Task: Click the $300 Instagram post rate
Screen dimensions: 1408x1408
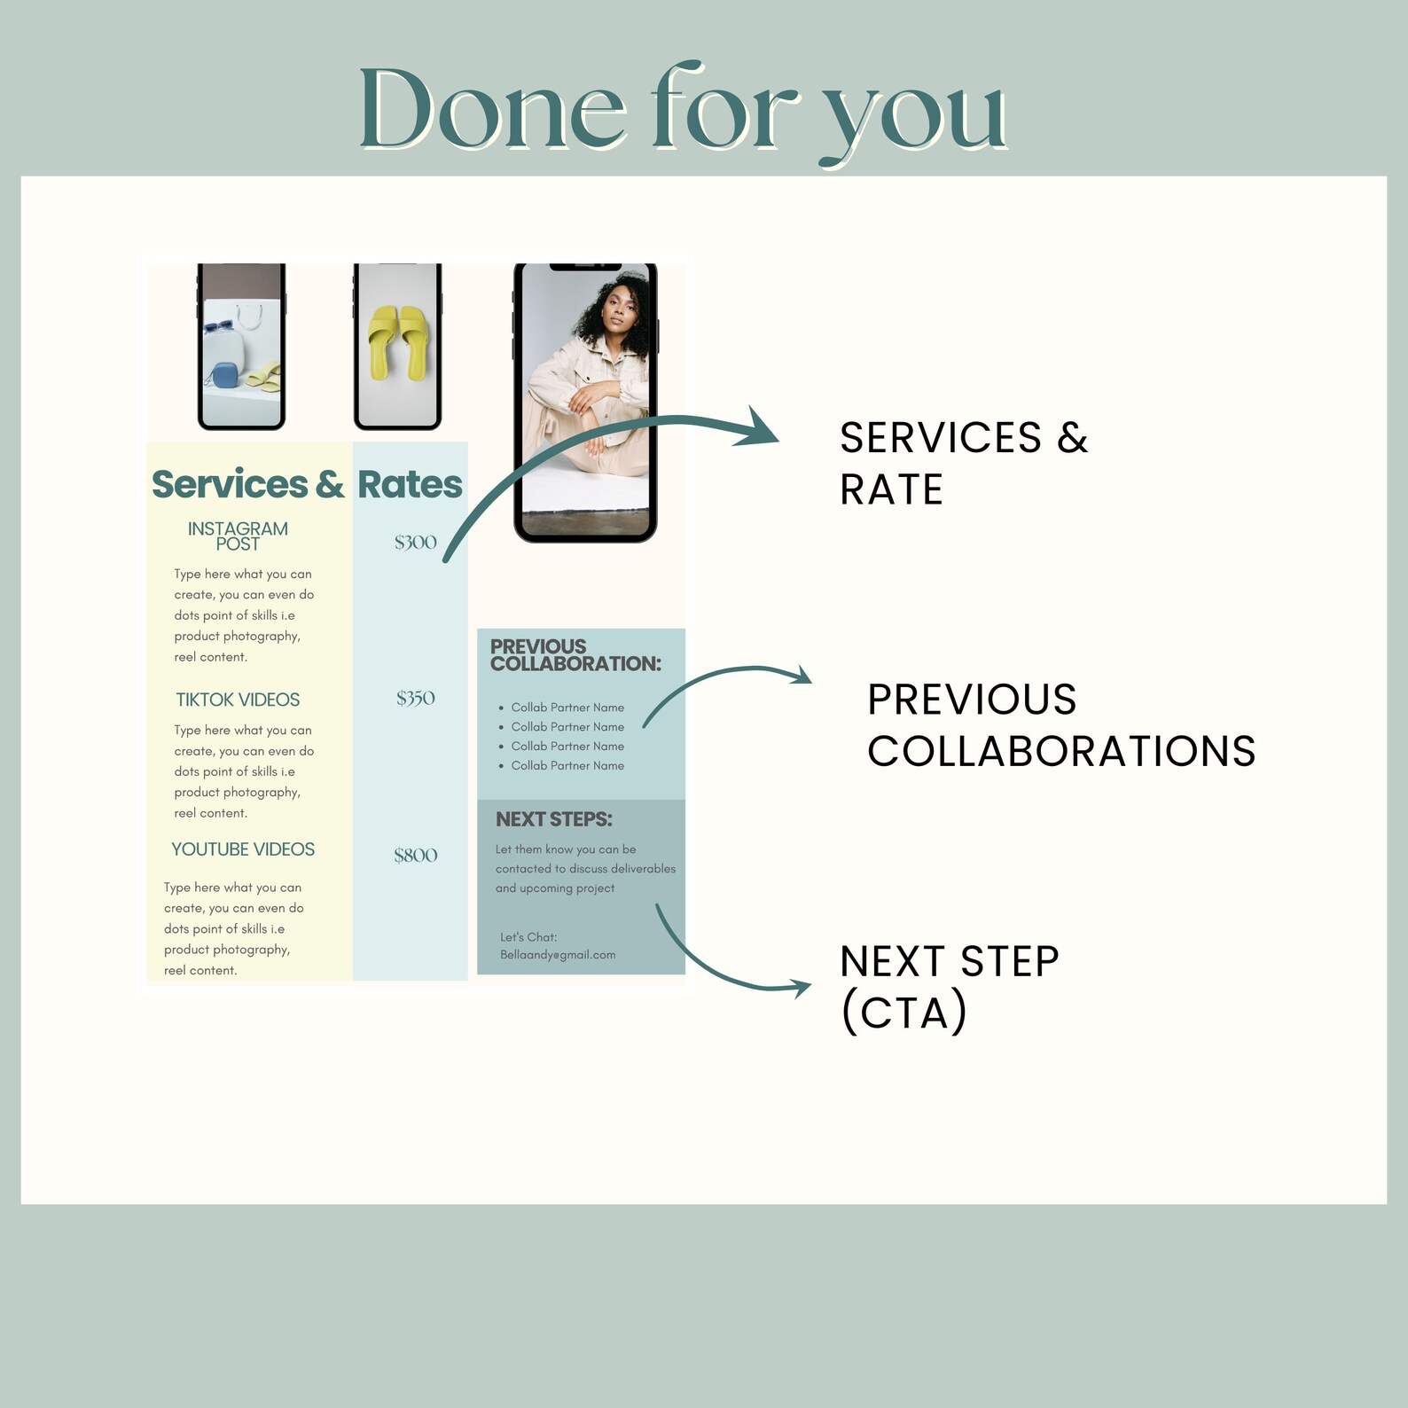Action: pos(415,542)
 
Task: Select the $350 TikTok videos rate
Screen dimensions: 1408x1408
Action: pos(415,698)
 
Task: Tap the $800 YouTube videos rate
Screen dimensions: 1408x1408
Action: pos(415,855)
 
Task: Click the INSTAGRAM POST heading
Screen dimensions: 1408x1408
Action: pos(238,536)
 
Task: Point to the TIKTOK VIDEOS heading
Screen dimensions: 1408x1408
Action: pos(238,700)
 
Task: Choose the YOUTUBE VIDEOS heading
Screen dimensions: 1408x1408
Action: pos(243,849)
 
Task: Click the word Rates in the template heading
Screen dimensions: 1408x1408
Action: pos(410,484)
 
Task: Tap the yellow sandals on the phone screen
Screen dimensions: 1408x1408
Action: pos(396,341)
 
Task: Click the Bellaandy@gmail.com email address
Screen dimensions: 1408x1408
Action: pos(558,955)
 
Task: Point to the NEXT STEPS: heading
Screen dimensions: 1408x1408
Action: pos(553,819)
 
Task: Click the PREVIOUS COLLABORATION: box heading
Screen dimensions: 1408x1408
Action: pos(575,655)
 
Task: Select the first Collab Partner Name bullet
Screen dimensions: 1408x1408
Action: pos(567,708)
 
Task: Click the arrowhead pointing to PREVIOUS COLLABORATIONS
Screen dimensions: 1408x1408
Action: pos(802,676)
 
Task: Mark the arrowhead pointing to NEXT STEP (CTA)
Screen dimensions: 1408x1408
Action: pos(800,988)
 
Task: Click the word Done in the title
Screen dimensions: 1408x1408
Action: pos(492,111)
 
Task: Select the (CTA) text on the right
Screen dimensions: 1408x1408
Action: pos(903,1013)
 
